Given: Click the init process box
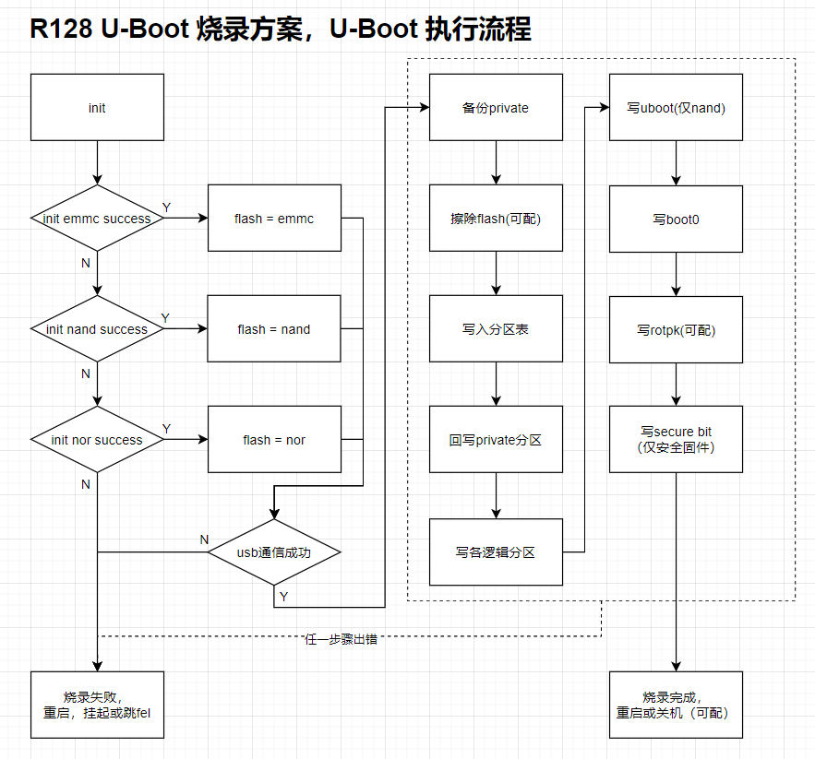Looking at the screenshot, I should tap(97, 108).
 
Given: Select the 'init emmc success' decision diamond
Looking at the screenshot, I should tap(97, 219).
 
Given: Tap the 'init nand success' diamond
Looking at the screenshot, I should tap(97, 329).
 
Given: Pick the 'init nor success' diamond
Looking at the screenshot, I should tap(97, 440).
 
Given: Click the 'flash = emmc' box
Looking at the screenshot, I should tap(274, 219).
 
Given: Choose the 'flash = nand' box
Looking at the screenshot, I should tap(274, 329).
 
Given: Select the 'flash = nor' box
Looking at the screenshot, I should tap(274, 440).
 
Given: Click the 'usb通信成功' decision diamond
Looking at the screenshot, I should tap(274, 552).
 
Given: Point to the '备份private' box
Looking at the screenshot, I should tap(496, 108).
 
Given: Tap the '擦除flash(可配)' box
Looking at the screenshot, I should tap(496, 219).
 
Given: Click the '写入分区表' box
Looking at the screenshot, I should tap(496, 329).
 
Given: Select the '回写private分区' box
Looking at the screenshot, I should tap(496, 440).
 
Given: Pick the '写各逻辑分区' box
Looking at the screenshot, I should tap(496, 552).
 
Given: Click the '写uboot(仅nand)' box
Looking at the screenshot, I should tap(677, 108).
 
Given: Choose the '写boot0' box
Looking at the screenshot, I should tap(677, 219).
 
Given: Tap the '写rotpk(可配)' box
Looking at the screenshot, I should tap(677, 329).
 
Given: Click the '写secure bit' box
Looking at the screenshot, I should tap(677, 440).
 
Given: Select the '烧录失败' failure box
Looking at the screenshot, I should tap(97, 705).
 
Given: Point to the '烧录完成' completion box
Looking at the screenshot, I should tap(677, 705).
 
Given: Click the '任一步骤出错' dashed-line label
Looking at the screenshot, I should tap(342, 639).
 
